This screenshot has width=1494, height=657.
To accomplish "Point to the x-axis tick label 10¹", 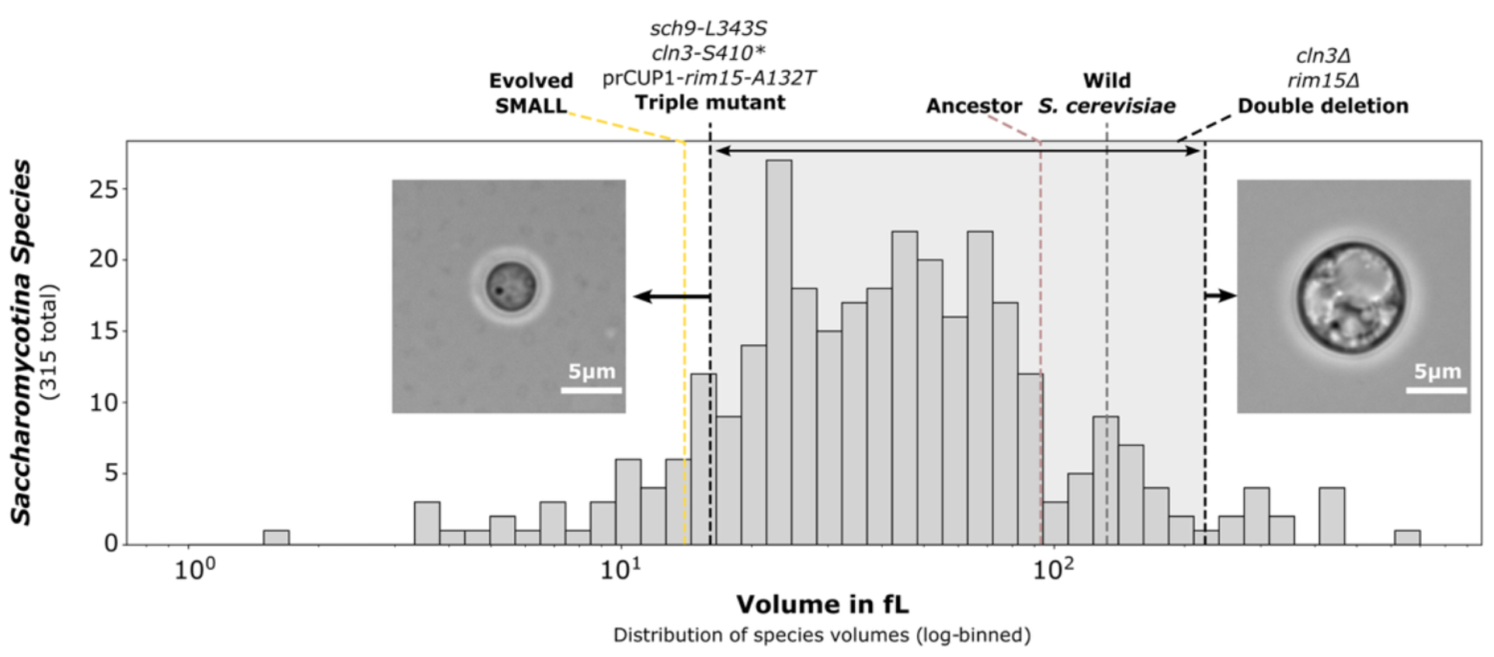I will click(x=621, y=570).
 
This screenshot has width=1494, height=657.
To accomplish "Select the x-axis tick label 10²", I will click(x=1053, y=570).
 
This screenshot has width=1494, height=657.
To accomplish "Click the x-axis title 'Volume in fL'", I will click(x=822, y=604).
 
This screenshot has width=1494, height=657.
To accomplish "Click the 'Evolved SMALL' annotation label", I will click(x=531, y=93).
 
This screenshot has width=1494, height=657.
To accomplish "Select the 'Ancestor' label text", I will click(x=974, y=106).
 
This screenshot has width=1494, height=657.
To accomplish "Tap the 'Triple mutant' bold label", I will click(x=710, y=103).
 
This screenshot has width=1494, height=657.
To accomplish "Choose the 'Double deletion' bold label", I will click(x=1322, y=106).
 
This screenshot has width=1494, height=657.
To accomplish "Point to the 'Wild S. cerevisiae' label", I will click(x=1107, y=93).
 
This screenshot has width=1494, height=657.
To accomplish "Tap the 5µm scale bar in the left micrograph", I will click(x=591, y=390).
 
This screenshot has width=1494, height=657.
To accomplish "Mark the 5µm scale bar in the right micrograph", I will click(x=1436, y=390).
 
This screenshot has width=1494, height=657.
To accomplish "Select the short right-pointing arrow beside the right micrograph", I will click(x=1221, y=296).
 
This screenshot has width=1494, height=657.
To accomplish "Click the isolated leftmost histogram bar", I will click(x=276, y=537).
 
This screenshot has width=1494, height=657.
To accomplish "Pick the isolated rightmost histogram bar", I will click(x=1407, y=537).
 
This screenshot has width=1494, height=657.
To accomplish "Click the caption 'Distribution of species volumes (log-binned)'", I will click(x=822, y=635).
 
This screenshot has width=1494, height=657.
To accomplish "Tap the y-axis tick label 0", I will click(x=111, y=544).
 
